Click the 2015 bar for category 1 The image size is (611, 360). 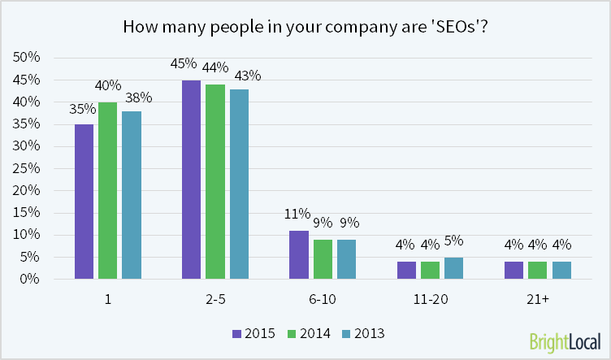(x=84, y=202)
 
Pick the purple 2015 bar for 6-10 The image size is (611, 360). (x=299, y=254)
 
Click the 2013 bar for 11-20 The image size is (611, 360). (x=454, y=268)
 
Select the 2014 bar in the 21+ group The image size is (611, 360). (x=538, y=270)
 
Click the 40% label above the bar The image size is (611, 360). (x=108, y=85)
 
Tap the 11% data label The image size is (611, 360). (x=297, y=215)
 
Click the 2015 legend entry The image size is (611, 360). (x=253, y=333)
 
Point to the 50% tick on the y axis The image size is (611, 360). (x=28, y=58)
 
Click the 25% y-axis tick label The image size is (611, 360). (x=28, y=168)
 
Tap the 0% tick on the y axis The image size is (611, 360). (x=31, y=279)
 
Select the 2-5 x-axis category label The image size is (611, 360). (x=215, y=299)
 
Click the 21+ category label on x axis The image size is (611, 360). (x=538, y=299)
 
